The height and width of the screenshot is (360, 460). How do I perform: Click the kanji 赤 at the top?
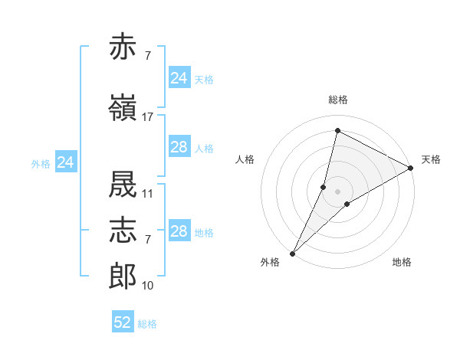click(x=123, y=46)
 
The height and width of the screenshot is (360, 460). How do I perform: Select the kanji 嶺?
click(x=123, y=107)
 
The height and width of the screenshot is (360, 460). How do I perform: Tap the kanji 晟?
click(x=123, y=184)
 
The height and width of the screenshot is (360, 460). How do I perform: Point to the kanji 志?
click(x=123, y=230)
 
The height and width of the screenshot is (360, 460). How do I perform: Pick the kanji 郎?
click(x=123, y=276)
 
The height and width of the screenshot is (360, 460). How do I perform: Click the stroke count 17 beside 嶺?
click(x=147, y=117)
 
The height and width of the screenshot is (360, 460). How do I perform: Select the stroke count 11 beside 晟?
click(x=147, y=194)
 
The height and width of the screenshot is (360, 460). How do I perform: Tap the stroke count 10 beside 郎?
click(x=147, y=286)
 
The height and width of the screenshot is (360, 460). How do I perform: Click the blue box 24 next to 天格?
click(x=179, y=77)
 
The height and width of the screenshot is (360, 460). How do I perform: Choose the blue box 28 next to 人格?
click(x=179, y=146)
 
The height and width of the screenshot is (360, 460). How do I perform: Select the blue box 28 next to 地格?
click(x=179, y=230)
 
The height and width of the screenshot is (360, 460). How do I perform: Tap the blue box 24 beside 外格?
click(x=66, y=162)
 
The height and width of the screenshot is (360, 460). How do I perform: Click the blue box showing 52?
click(x=123, y=321)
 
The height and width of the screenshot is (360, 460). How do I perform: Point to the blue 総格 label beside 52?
click(x=147, y=324)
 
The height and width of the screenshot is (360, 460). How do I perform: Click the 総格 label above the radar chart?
click(x=338, y=100)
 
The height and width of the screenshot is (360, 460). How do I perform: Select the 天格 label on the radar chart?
click(x=431, y=159)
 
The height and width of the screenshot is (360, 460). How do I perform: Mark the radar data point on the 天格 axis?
click(x=410, y=168)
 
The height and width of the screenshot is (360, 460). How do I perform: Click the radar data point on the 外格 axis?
click(x=293, y=254)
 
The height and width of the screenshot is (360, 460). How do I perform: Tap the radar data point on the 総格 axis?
click(x=337, y=130)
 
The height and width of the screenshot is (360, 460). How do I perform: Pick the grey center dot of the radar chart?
click(x=337, y=191)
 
